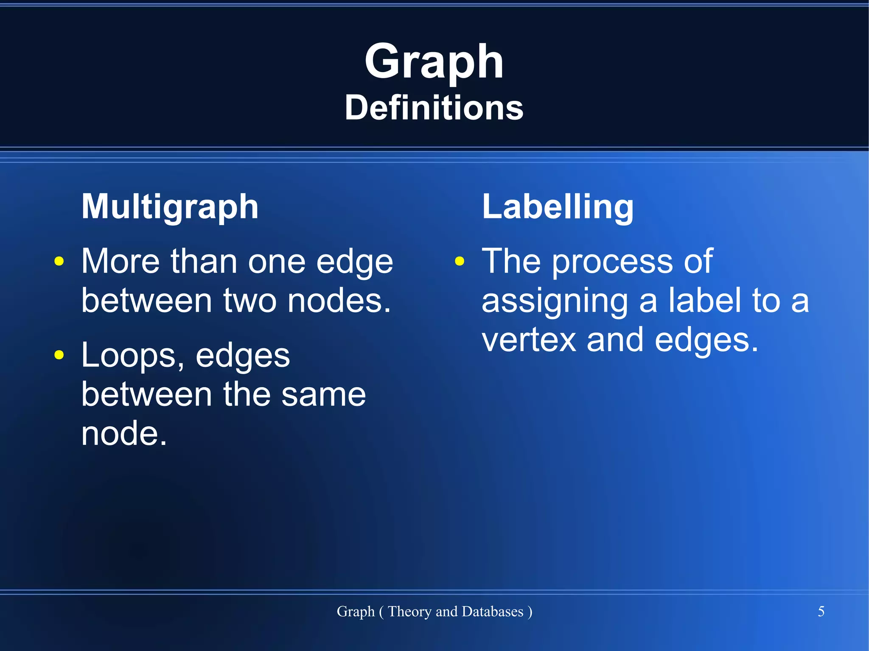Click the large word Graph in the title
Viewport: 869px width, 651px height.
click(x=434, y=63)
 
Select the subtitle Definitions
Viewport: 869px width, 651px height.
click(x=434, y=108)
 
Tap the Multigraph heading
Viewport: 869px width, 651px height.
click(x=170, y=207)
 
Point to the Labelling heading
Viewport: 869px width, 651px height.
click(x=558, y=207)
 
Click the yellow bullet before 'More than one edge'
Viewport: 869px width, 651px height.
click(x=59, y=261)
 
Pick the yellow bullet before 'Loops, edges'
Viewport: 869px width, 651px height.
click(x=59, y=355)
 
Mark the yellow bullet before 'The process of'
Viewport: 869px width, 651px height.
click(x=460, y=261)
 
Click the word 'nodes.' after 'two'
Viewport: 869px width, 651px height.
click(x=339, y=301)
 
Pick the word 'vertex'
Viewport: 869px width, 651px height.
click(x=529, y=340)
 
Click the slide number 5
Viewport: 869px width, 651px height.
click(x=821, y=611)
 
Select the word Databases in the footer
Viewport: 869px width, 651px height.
click(x=492, y=612)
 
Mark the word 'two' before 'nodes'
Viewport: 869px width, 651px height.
click(x=249, y=301)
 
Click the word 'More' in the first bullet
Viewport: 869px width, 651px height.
click(x=121, y=261)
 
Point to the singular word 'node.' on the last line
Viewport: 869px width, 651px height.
click(x=124, y=433)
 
